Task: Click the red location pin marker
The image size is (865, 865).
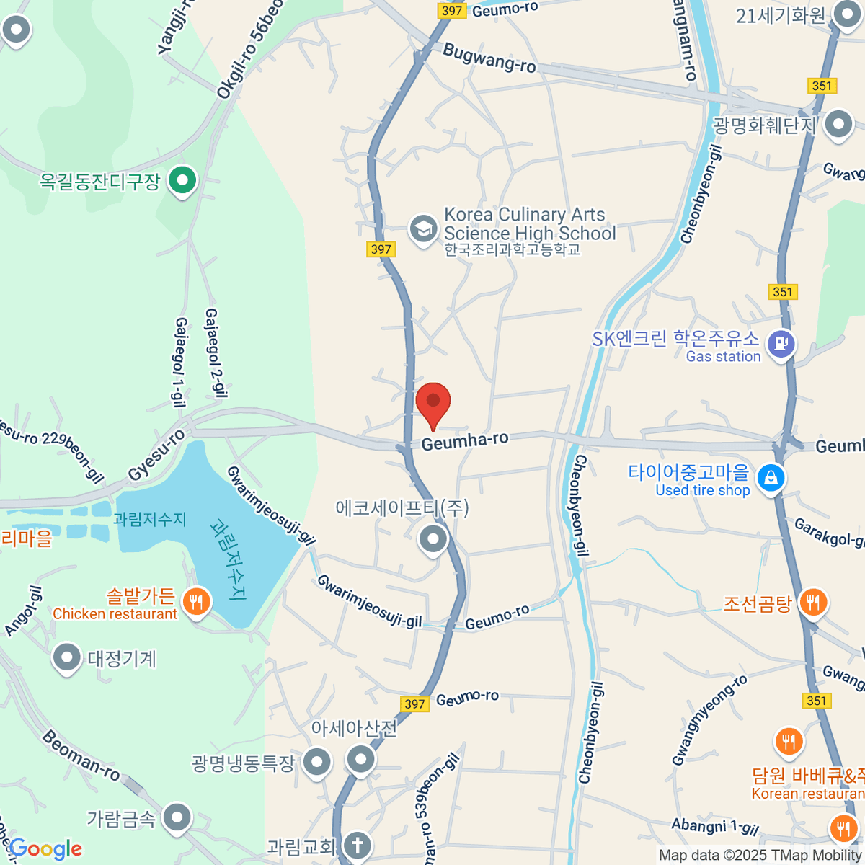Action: tap(433, 402)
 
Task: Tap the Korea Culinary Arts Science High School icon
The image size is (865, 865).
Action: tap(423, 229)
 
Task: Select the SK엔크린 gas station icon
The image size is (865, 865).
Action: tap(781, 344)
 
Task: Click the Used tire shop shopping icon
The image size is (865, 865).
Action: tap(771, 478)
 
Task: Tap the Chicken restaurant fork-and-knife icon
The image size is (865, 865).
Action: tap(195, 600)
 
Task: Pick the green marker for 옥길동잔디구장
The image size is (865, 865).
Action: tap(182, 179)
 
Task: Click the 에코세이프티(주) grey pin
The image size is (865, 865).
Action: tap(432, 538)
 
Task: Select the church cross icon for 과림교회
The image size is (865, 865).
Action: tap(356, 844)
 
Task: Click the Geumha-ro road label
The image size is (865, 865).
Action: tap(465, 441)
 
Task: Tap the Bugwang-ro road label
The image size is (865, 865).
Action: tap(489, 58)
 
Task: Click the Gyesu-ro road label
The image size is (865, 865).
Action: tap(156, 456)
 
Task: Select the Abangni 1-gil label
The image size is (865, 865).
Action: tap(714, 827)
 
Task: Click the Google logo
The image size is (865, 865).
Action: tap(45, 849)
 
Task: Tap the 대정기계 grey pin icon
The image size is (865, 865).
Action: tap(67, 657)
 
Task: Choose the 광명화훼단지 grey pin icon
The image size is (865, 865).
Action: tap(838, 124)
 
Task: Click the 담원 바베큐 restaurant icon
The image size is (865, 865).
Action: tap(789, 740)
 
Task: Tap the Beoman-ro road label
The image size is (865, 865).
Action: tap(81, 756)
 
